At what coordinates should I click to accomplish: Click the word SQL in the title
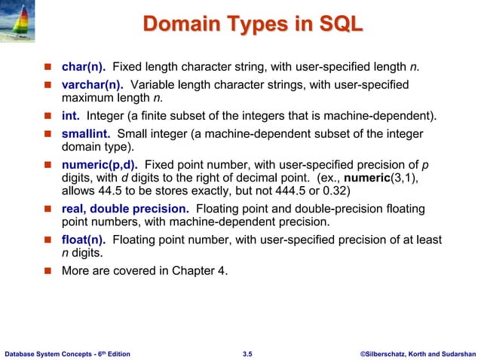click(339, 27)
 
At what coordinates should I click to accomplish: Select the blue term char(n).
click(83, 70)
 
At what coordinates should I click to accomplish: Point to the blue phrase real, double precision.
click(125, 209)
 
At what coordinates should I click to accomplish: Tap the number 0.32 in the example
click(337, 191)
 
